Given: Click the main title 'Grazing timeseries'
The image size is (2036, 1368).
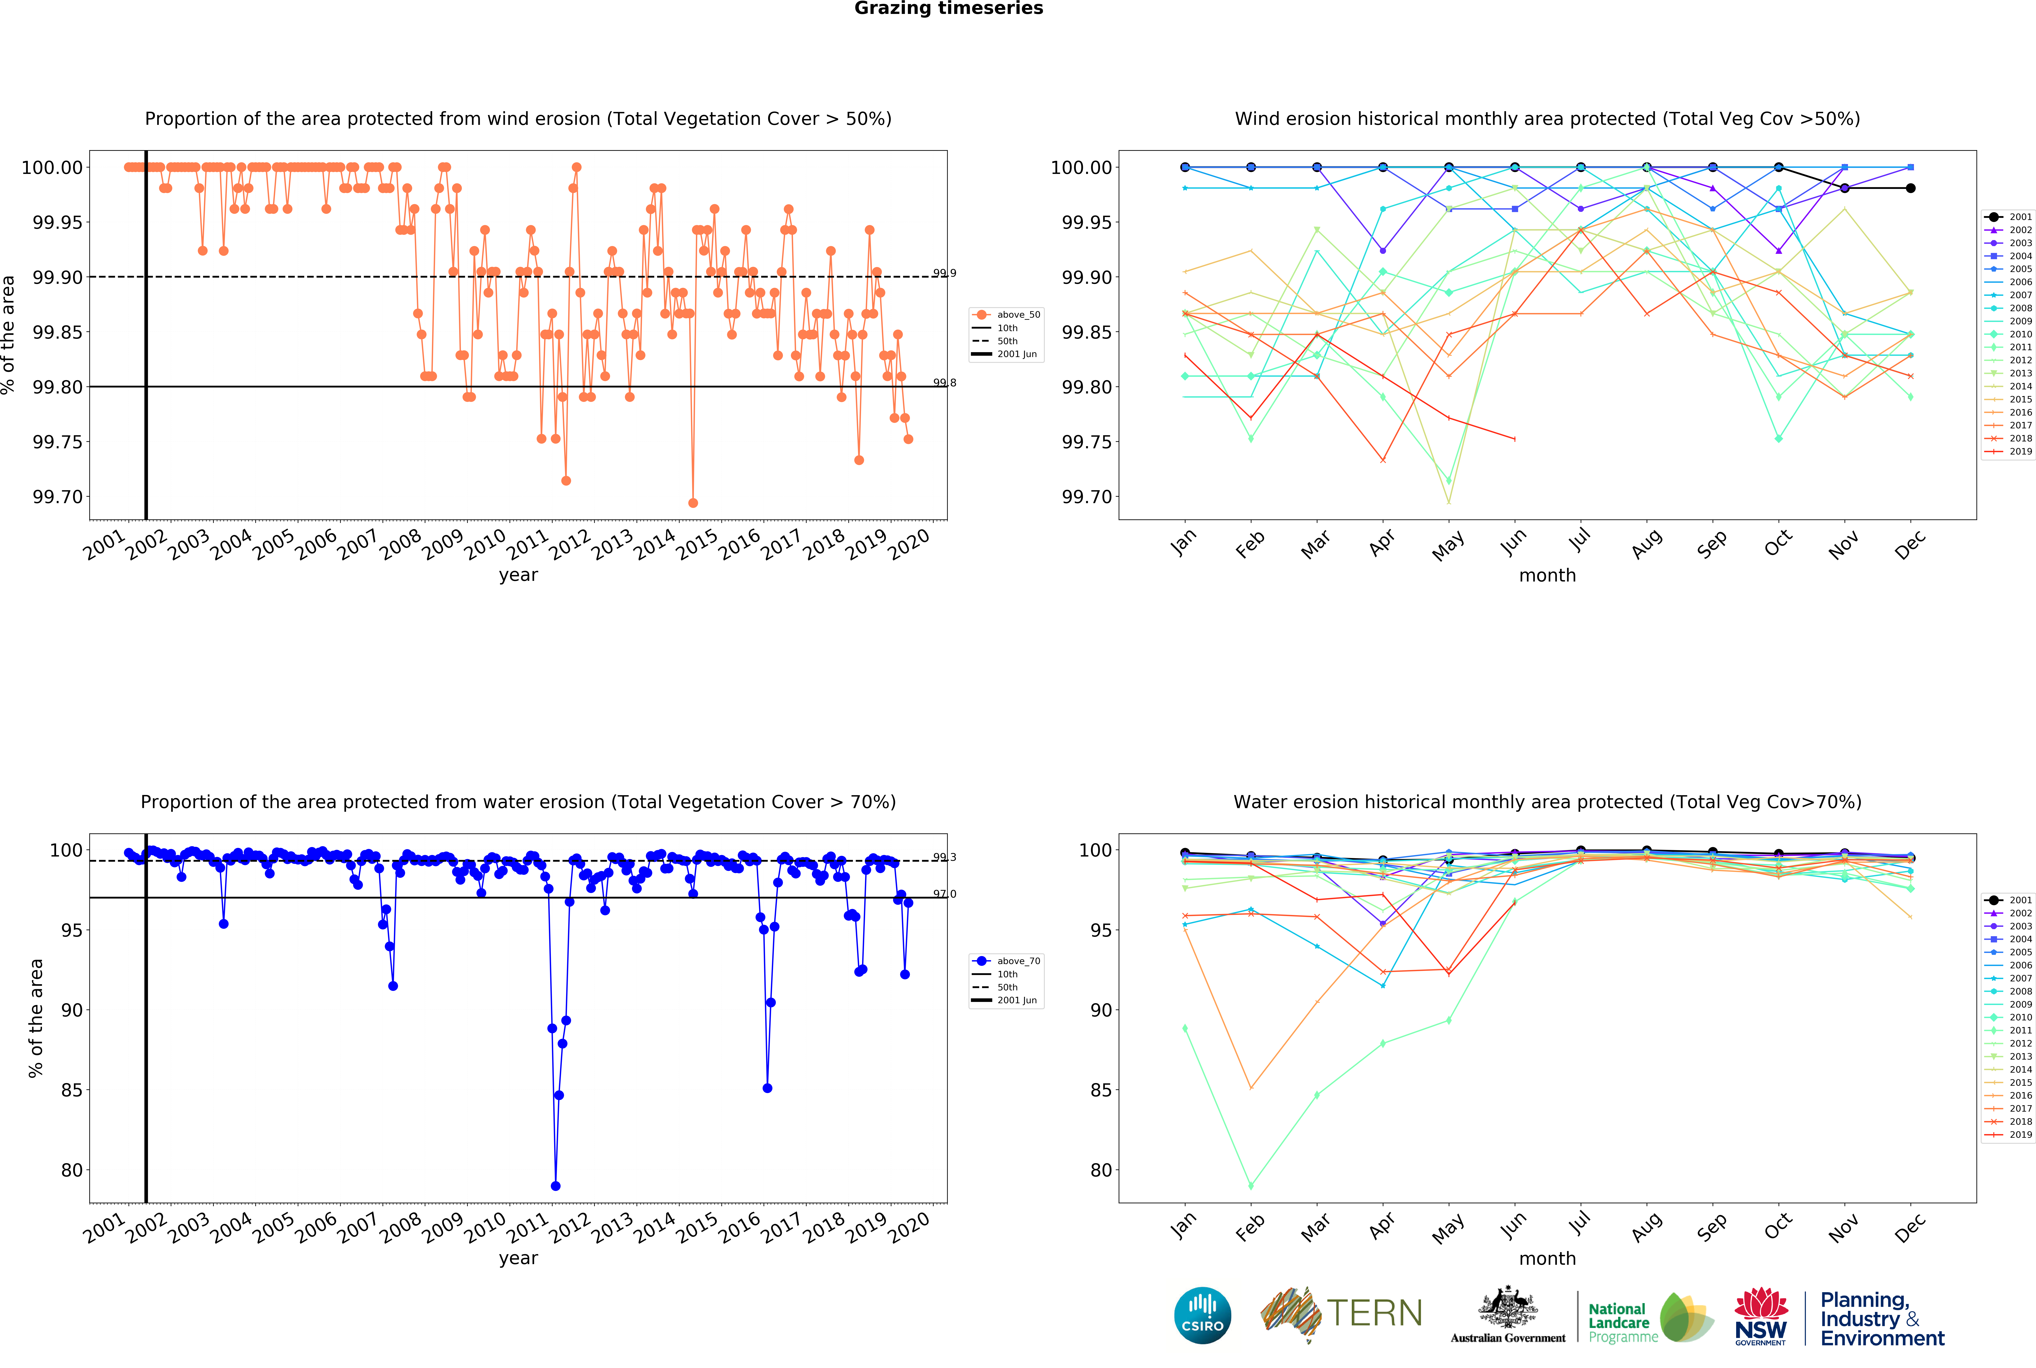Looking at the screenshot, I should (x=948, y=9).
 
